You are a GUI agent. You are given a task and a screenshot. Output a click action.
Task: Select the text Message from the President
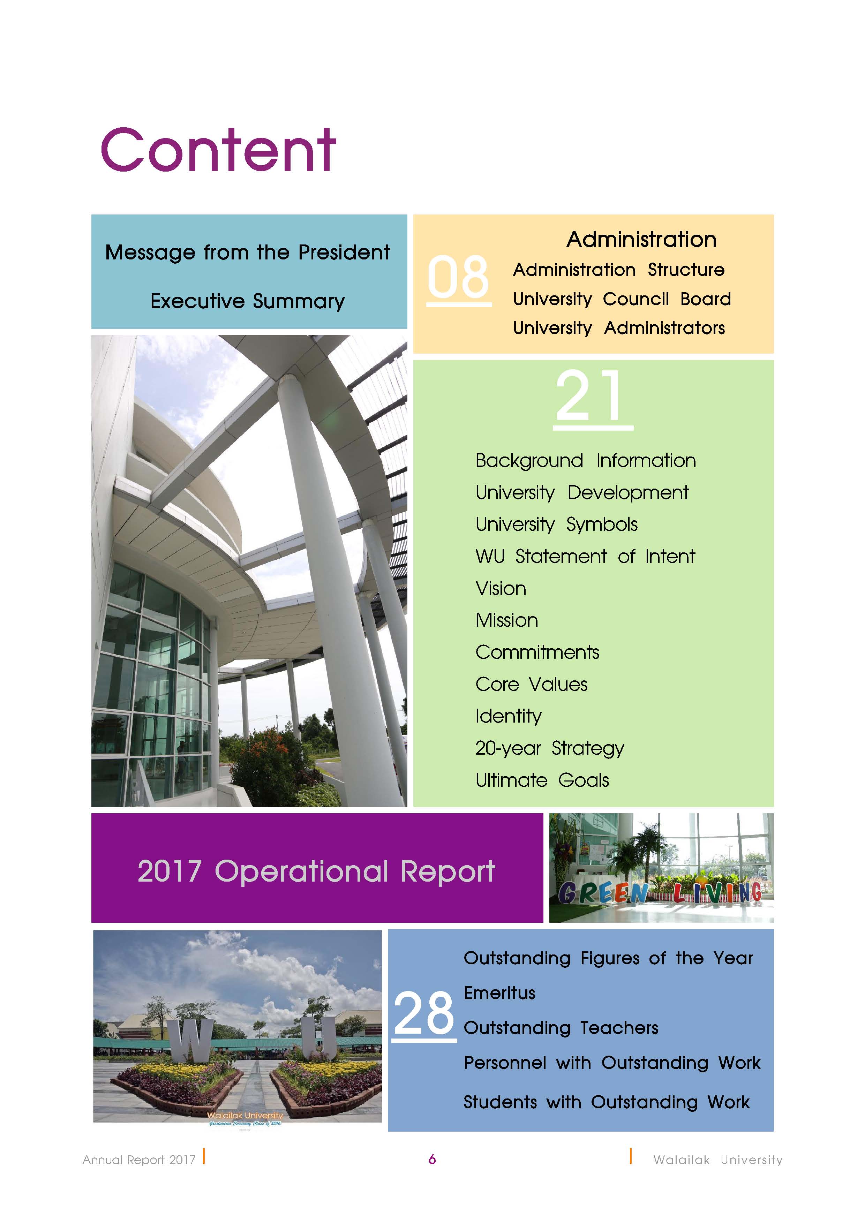pyautogui.click(x=248, y=252)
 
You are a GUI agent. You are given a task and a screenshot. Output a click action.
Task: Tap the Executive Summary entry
pyautogui.click(x=248, y=302)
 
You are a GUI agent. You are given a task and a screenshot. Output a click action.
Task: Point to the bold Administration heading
pyautogui.click(x=641, y=240)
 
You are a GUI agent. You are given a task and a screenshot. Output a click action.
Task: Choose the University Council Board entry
pyautogui.click(x=622, y=299)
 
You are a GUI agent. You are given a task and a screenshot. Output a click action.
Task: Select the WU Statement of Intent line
pyautogui.click(x=585, y=557)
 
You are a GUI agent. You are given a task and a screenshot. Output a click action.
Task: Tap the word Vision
pyautogui.click(x=501, y=589)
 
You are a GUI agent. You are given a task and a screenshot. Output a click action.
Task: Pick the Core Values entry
pyautogui.click(x=532, y=685)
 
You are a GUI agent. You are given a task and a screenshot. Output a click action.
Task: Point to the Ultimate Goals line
pyautogui.click(x=542, y=780)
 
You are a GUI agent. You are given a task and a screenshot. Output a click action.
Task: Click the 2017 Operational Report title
pyautogui.click(x=316, y=872)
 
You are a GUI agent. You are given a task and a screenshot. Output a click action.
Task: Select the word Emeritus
pyautogui.click(x=499, y=993)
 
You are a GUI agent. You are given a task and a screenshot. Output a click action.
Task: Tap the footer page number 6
pyautogui.click(x=432, y=1159)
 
